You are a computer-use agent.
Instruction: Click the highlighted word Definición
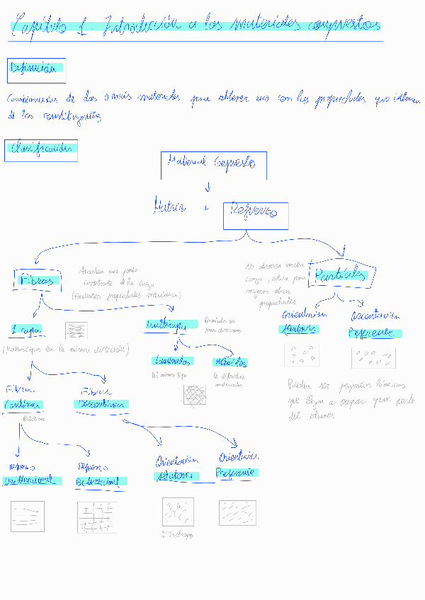click(35, 69)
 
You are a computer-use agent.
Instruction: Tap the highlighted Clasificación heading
click(40, 149)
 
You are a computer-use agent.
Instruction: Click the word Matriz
click(169, 207)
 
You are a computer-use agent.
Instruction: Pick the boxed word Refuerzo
click(255, 214)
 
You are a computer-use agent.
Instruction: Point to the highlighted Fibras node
click(33, 280)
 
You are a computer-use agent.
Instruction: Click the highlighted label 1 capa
click(27, 329)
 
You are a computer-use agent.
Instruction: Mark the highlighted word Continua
click(25, 405)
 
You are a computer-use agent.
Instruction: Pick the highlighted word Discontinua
click(101, 404)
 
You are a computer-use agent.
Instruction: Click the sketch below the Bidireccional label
click(97, 517)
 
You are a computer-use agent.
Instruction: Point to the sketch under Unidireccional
click(28, 517)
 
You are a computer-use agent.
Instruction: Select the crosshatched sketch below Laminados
click(195, 396)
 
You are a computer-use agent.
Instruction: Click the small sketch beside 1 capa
click(76, 330)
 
